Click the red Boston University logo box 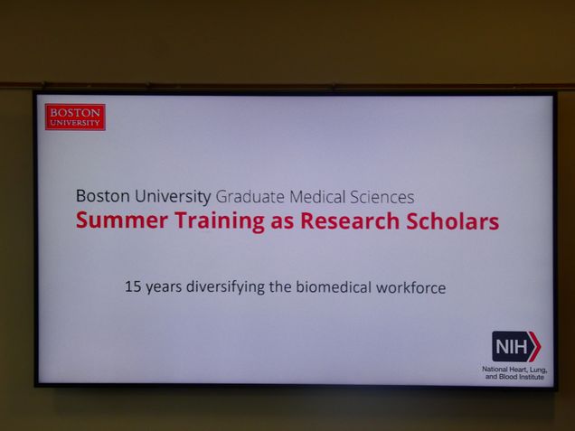click(x=75, y=117)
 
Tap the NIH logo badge click(x=516, y=346)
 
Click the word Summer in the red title click(x=122, y=221)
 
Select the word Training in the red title click(x=220, y=221)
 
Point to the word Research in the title click(x=350, y=221)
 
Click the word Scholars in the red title click(x=453, y=221)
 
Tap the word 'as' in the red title click(x=282, y=223)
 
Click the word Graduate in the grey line click(x=250, y=197)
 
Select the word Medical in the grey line click(x=317, y=197)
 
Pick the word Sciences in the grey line click(x=382, y=197)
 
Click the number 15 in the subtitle click(x=133, y=286)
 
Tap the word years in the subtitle click(x=164, y=288)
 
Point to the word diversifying click(x=225, y=287)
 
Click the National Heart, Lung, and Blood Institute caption click(x=514, y=373)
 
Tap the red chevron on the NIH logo click(x=535, y=346)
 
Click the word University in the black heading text click(x=173, y=196)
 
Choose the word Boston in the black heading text click(x=103, y=196)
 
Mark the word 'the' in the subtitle click(x=280, y=287)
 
